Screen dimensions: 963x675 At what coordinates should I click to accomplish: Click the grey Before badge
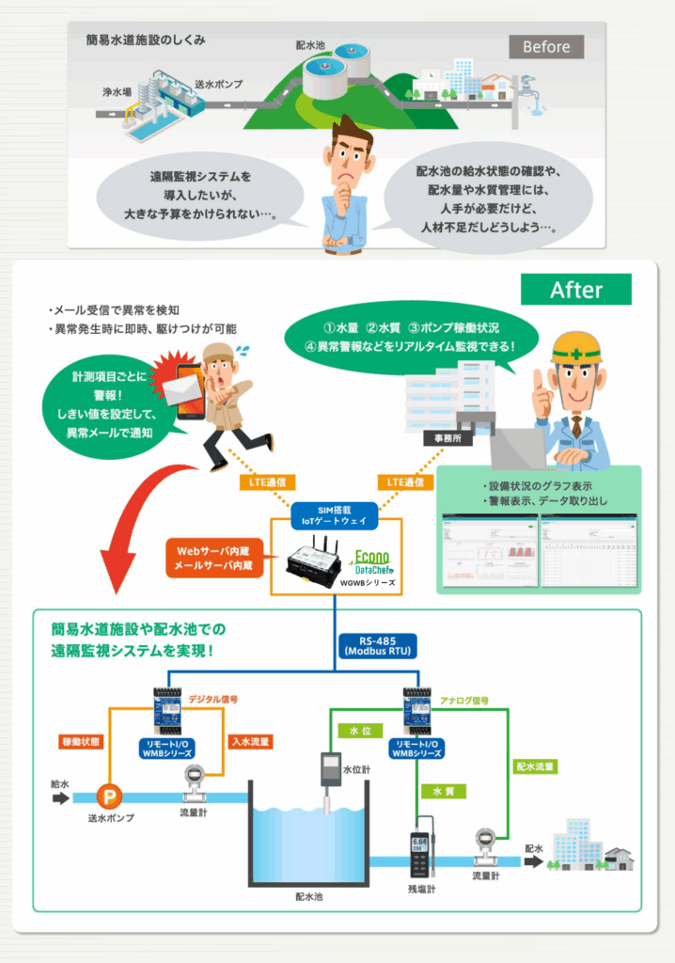546,46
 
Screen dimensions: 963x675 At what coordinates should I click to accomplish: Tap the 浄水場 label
117,93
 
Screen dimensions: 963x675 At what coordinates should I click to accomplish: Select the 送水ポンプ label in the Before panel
218,84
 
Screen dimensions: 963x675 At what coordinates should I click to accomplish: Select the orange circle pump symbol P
110,797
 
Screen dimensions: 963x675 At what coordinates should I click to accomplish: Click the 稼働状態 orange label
80,742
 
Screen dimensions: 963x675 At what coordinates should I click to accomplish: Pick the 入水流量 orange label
251,742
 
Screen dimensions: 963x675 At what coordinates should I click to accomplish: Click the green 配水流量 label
535,766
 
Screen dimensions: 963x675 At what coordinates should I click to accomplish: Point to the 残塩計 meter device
419,854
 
